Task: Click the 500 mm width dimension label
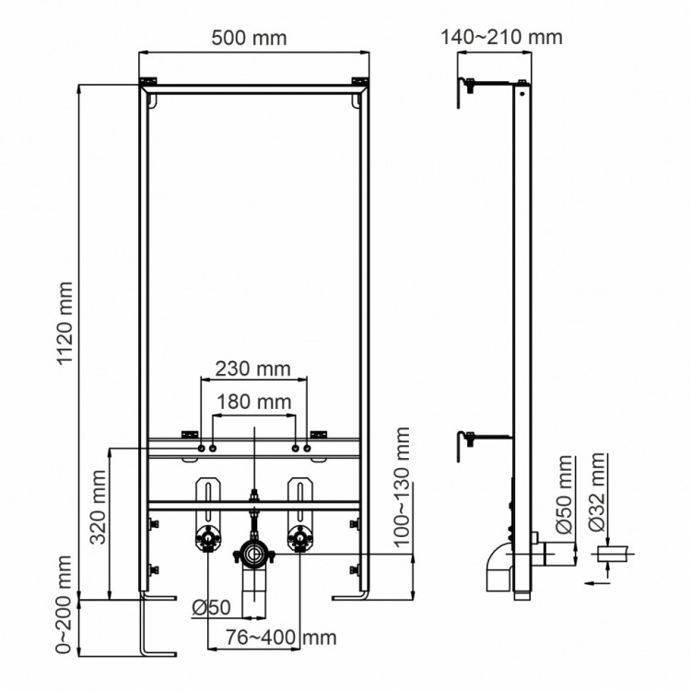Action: click(249, 38)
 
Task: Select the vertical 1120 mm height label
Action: click(65, 322)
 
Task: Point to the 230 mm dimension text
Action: click(252, 369)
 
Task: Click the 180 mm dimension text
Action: click(252, 402)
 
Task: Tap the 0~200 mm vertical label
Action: click(65, 604)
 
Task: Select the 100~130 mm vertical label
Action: click(402, 488)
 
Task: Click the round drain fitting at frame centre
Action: click(252, 554)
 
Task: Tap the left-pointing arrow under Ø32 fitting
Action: click(593, 581)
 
